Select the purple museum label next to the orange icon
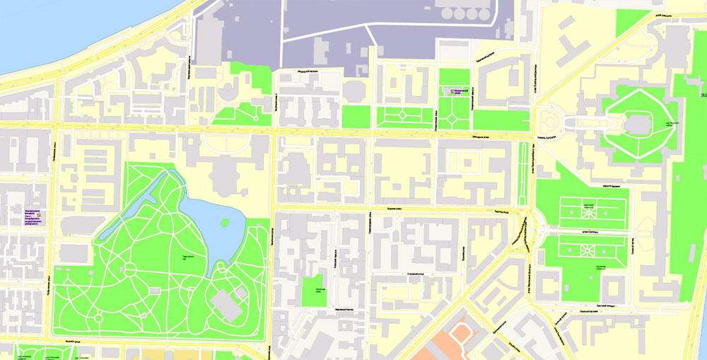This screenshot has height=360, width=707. (457, 92)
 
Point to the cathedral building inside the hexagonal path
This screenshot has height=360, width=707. (638, 125)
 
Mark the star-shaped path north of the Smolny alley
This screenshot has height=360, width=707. (588, 210)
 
